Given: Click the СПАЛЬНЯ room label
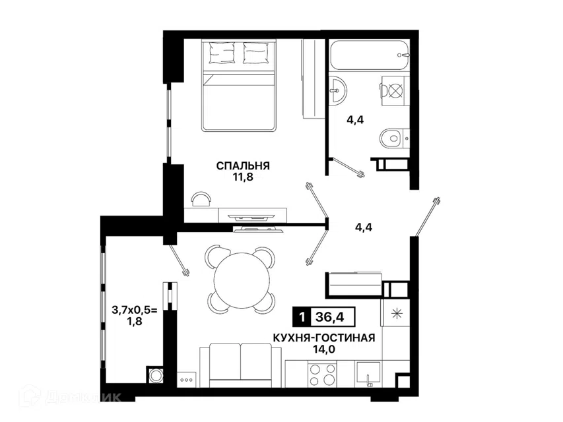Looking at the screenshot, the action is coord(243,166).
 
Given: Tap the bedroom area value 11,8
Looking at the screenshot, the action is coord(243,177).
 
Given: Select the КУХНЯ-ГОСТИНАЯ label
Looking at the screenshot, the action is coord(324,338).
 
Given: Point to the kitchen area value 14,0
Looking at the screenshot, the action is coord(324,349).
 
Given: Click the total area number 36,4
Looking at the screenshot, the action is coord(329,317).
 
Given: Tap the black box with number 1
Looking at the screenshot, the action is coord(302,317).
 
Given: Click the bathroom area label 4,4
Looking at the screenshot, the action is coord(354,120).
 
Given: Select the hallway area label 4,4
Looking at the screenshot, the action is coord(364,227).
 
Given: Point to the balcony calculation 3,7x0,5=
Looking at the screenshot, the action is coord(135,311).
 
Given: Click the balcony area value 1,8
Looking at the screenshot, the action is coord(135,322).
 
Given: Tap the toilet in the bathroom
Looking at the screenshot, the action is coord(394,138).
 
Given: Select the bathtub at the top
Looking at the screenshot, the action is coord(370,55).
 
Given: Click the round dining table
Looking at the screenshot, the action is coord(242,278).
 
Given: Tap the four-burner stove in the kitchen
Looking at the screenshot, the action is coord(321,375).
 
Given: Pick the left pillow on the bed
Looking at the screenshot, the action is coord(222,53).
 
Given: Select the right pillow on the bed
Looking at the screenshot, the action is coord(255,53).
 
